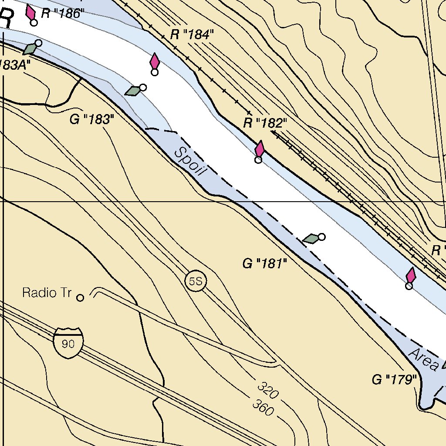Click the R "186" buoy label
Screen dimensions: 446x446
point(61,14)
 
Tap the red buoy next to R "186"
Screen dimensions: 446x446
point(31,13)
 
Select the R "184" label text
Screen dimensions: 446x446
point(192,35)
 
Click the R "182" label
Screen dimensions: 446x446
point(265,123)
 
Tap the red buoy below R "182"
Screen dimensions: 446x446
point(259,150)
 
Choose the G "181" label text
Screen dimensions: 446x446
point(265,264)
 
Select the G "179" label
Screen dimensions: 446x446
point(394,380)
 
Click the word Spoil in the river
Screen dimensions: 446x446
point(189,161)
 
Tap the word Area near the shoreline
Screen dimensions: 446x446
point(423,360)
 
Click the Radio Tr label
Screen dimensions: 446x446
point(47,293)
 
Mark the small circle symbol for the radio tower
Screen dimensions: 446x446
point(80,298)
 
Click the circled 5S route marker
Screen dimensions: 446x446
point(196,281)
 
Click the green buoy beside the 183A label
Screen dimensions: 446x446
point(30,49)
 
